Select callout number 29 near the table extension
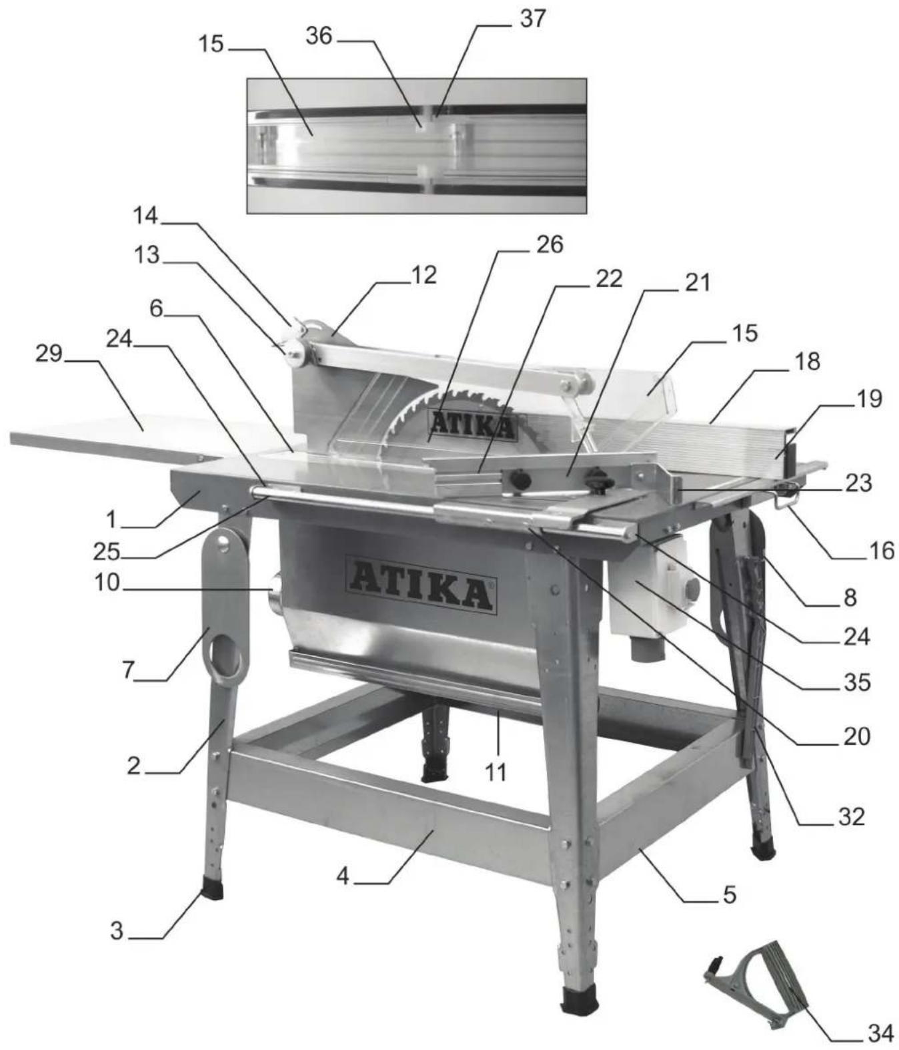48,353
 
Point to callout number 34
880,1033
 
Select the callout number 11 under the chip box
495,772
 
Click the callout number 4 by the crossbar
343,876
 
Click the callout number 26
550,245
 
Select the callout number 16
881,551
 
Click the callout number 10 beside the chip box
107,583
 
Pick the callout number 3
117,931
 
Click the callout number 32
851,816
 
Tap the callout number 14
145,216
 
